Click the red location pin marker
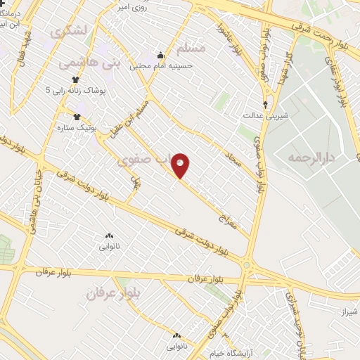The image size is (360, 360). click(x=181, y=166)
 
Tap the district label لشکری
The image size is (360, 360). click(x=65, y=32)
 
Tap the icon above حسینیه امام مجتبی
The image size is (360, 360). click(x=160, y=55)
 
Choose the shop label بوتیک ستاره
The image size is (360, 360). click(x=77, y=129)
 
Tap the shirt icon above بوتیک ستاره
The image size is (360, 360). click(x=77, y=117)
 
